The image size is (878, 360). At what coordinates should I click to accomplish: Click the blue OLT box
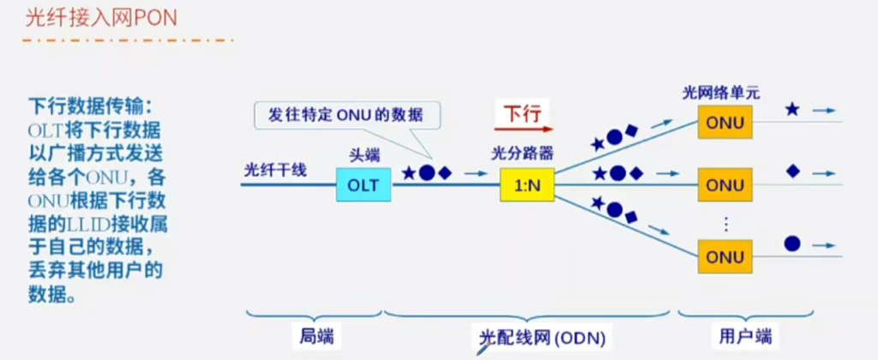363,184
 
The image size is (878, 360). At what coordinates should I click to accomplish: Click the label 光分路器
522,154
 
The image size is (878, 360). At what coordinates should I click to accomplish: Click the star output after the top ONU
792,111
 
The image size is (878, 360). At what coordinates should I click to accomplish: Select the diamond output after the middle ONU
792,171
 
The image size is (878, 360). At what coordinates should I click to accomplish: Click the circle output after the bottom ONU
792,243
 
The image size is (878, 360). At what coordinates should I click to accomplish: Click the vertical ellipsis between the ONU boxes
725,223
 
